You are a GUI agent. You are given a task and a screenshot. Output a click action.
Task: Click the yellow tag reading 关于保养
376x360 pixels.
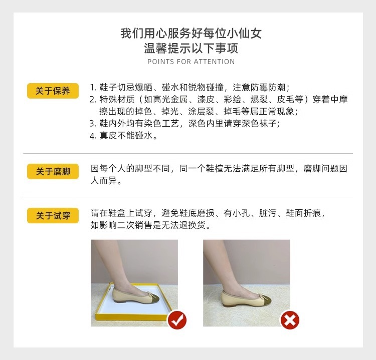coord(53,91)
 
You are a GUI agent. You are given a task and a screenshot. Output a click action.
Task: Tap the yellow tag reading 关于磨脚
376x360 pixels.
coord(53,171)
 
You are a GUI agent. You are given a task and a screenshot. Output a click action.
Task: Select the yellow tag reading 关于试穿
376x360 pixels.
coord(53,216)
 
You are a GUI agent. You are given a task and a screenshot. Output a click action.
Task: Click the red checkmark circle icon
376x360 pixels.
coord(176,319)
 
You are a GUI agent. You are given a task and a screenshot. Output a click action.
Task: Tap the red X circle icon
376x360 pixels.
coord(289,319)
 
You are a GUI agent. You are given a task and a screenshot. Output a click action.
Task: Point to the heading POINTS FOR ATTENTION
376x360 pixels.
coord(191,62)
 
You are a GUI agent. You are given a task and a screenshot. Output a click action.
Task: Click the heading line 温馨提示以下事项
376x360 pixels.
coord(191,49)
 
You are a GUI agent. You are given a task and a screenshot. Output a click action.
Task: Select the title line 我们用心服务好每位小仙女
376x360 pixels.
coord(191,34)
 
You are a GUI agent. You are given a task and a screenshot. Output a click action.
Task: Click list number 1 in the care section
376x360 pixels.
coord(93,87)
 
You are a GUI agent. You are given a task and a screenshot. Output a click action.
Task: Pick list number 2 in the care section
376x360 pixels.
coord(93,99)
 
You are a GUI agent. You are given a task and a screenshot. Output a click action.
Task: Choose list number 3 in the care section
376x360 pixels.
coord(93,124)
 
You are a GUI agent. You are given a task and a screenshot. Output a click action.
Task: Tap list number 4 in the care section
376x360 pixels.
coord(93,136)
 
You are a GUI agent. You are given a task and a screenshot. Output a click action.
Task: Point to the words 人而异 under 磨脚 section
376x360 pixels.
coord(106,181)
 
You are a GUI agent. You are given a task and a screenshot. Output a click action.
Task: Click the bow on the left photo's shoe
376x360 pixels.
coord(148,293)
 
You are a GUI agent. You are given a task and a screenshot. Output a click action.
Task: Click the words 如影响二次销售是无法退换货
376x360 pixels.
coord(150,225)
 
